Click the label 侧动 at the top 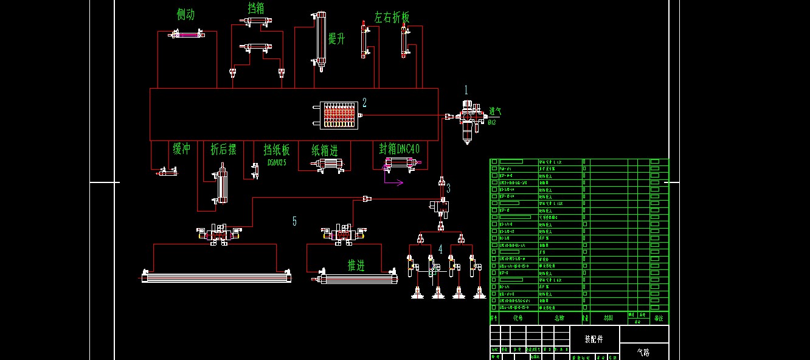185,15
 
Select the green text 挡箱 256,8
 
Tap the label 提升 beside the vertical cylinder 336,39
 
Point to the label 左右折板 392,17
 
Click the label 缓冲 182,149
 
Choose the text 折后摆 223,150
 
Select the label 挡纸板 277,150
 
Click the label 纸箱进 324,150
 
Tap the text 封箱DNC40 400,149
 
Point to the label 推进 356,265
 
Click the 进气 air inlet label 495,112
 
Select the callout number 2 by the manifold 364,102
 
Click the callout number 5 294,221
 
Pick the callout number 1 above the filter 466,90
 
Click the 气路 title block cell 643,351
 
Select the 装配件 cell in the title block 594,339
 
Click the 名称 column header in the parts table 559,317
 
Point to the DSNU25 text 277,162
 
